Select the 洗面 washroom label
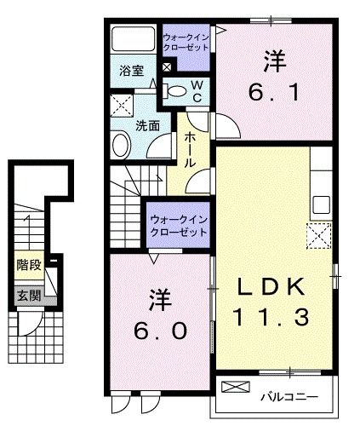[x=149, y=124]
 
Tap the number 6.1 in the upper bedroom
[x=271, y=91]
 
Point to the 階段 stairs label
[x=28, y=266]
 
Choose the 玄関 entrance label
[x=28, y=296]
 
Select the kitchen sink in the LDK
[x=322, y=204]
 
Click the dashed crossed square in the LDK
[x=319, y=233]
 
